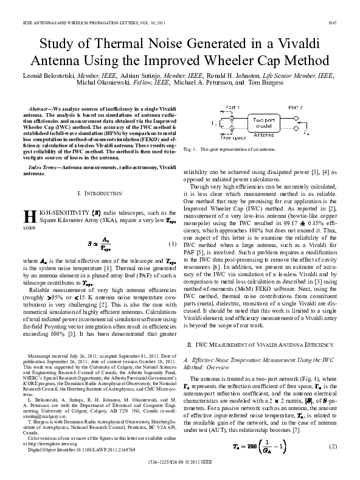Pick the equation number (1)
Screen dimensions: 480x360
point(171,245)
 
